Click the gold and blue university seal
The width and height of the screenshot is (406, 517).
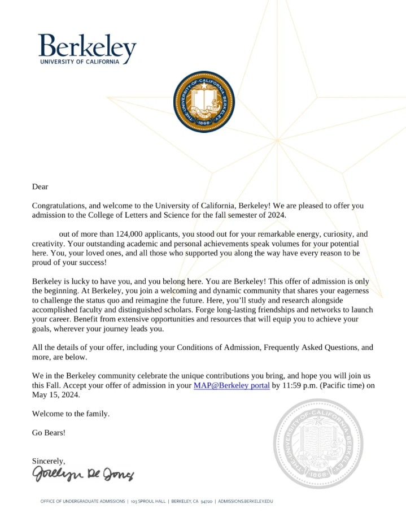pyautogui.click(x=203, y=102)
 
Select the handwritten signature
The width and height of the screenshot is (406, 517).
pyautogui.click(x=82, y=473)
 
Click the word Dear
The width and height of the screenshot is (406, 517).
pyautogui.click(x=40, y=186)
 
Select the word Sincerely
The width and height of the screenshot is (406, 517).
pyautogui.click(x=49, y=460)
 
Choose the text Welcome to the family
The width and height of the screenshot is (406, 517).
pyautogui.click(x=71, y=414)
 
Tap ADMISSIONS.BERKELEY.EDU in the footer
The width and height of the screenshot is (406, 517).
pyautogui.click(x=246, y=501)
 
